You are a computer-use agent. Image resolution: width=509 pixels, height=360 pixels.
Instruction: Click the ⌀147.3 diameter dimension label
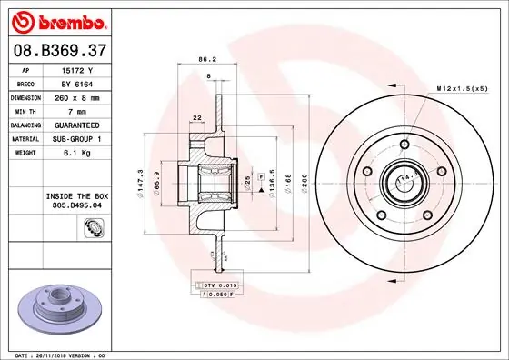[x=141, y=183]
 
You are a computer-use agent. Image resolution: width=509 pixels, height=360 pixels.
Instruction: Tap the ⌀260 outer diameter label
[x=305, y=183]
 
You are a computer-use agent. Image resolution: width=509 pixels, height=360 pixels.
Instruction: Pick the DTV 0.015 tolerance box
[x=219, y=285]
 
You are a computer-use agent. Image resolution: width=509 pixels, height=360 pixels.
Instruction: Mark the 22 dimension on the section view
[x=197, y=117]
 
